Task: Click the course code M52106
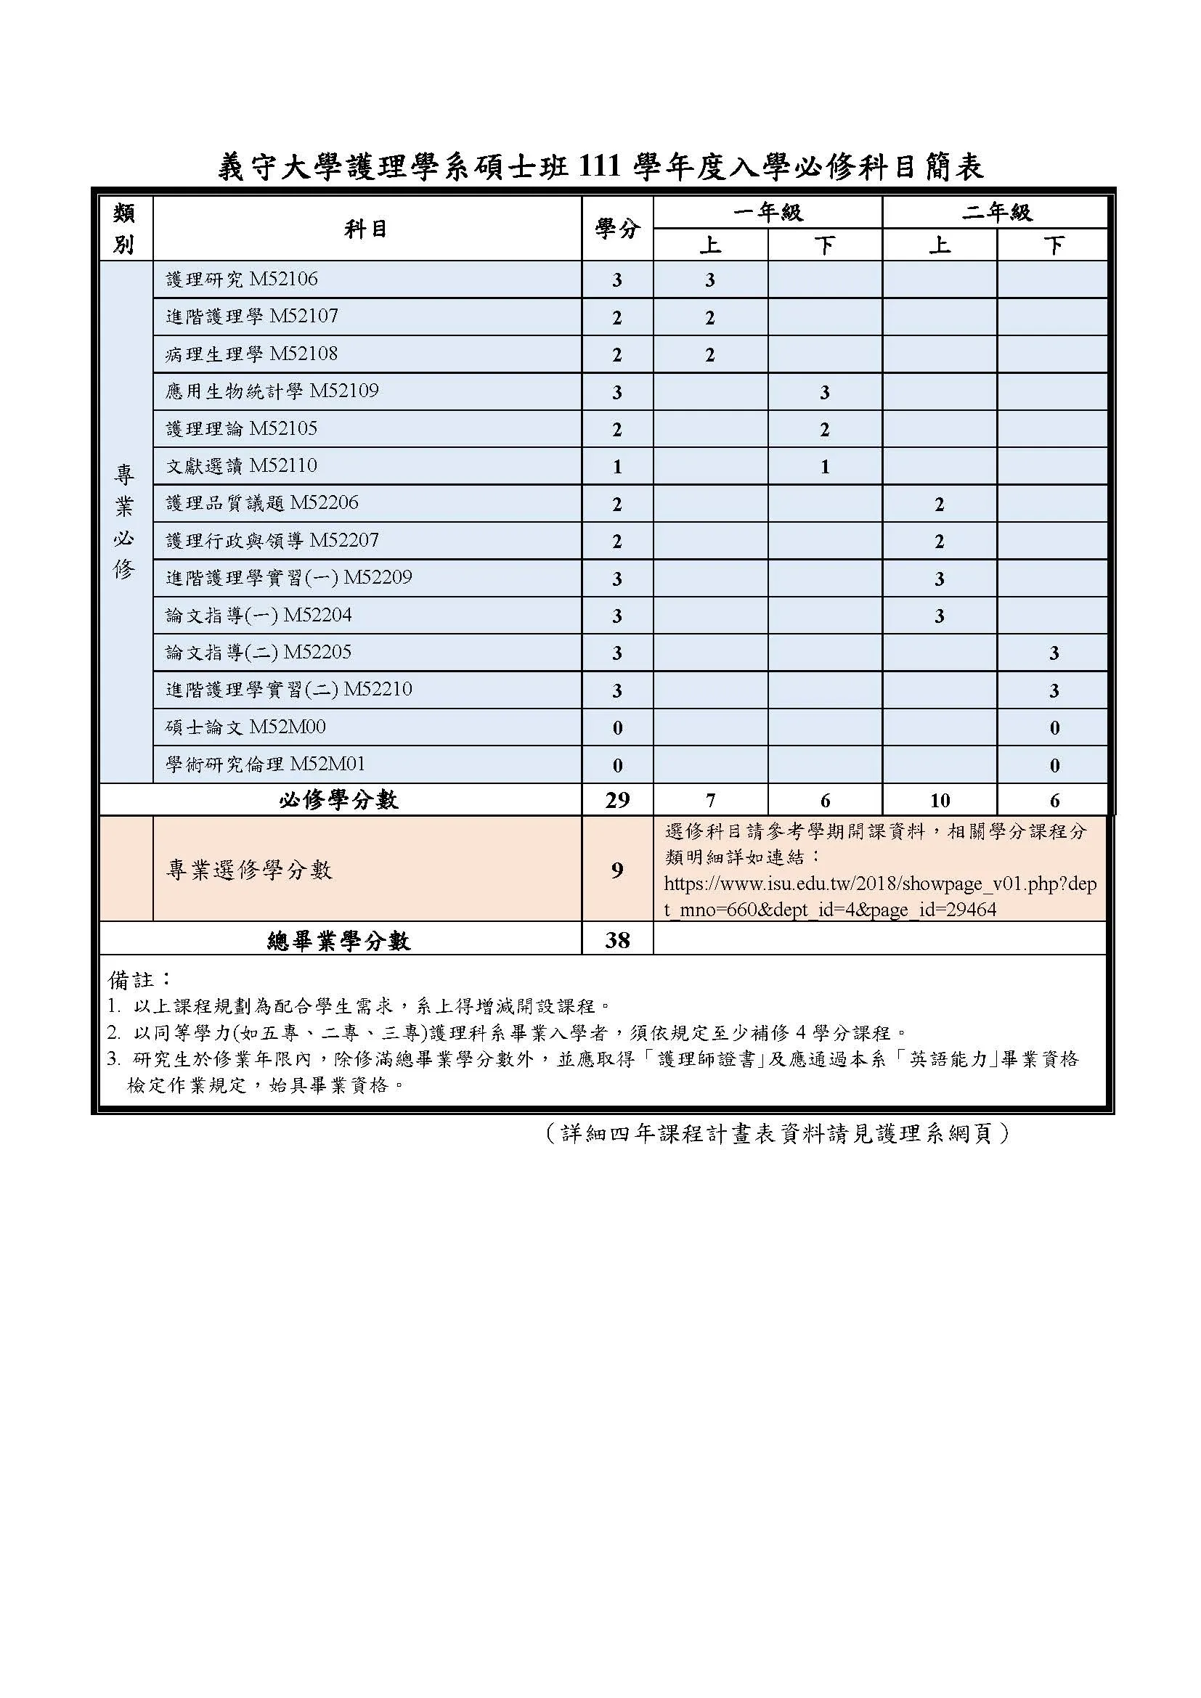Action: pyautogui.click(x=283, y=279)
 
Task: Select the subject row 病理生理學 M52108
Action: pyautogui.click(x=251, y=354)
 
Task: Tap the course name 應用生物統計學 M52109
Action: pyautogui.click(x=272, y=391)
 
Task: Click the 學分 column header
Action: pyautogui.click(x=616, y=229)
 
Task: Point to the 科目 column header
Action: pyautogui.click(x=366, y=229)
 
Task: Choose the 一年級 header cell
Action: pyautogui.click(x=768, y=212)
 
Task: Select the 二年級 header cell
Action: pyautogui.click(x=996, y=212)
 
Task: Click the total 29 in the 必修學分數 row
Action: pyautogui.click(x=616, y=800)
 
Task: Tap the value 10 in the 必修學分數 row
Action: pyautogui.click(x=939, y=800)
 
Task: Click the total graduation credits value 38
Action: pyautogui.click(x=616, y=940)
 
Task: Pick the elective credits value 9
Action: pyautogui.click(x=616, y=870)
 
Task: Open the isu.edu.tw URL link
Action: pyautogui.click(x=879, y=897)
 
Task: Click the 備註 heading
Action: pyautogui.click(x=138, y=980)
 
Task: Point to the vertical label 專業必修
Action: pyautogui.click(x=124, y=521)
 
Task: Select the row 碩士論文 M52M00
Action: pyautogui.click(x=245, y=727)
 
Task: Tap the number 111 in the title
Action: pyautogui.click(x=600, y=167)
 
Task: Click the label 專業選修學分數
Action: pyautogui.click(x=249, y=870)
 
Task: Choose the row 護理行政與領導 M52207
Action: pyautogui.click(x=272, y=541)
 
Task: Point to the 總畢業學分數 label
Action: pyautogui.click(x=338, y=941)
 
